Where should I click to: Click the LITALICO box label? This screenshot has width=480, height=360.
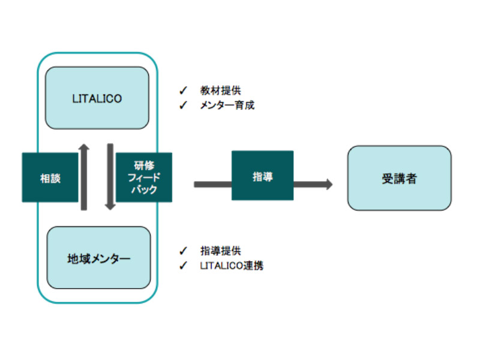tap(97, 98)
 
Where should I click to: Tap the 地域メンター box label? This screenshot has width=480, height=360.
tap(98, 259)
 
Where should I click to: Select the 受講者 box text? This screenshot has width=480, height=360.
tap(399, 178)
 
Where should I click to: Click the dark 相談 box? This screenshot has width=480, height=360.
tap(50, 177)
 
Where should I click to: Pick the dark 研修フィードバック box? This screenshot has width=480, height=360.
tap(144, 177)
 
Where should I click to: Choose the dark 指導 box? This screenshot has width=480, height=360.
tap(262, 175)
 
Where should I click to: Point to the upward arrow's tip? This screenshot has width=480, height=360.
tap(83, 144)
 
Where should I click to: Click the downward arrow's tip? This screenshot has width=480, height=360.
tap(110, 210)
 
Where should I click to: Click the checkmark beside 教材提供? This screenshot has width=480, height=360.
tap(183, 91)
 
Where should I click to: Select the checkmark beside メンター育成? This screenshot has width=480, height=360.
tap(183, 106)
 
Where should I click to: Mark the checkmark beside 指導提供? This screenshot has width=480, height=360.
tap(183, 251)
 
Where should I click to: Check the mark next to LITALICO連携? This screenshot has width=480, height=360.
tap(183, 265)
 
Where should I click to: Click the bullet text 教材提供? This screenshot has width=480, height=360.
tap(220, 91)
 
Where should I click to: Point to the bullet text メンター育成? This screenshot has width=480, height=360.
tap(227, 106)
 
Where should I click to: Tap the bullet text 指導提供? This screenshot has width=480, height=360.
tap(220, 251)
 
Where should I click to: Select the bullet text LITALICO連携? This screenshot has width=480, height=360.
tap(232, 265)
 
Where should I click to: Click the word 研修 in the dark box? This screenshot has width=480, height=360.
tap(144, 166)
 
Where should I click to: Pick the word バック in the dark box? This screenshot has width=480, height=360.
tap(144, 190)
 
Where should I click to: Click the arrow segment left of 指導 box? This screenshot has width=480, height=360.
tap(213, 184)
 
